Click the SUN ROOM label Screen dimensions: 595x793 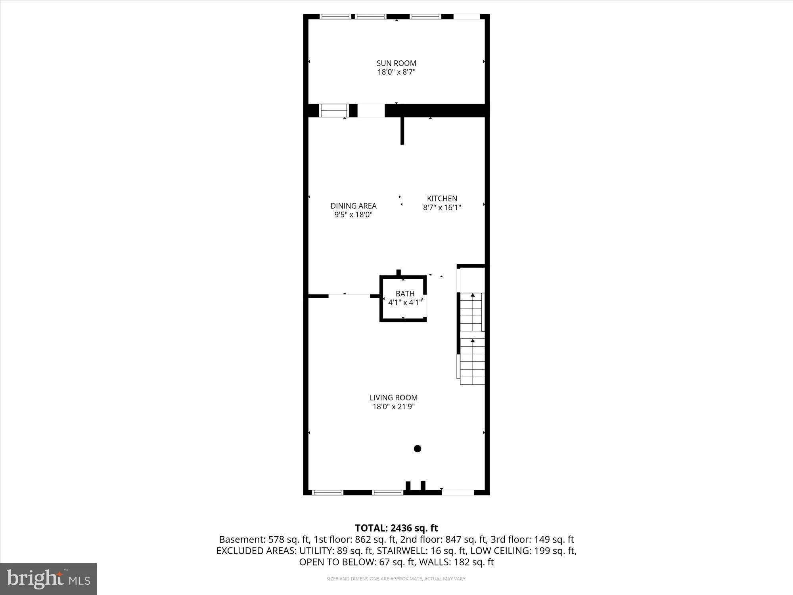tap(396, 63)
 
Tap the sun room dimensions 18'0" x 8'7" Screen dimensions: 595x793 tap(396, 72)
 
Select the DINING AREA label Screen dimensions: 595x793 tap(353, 206)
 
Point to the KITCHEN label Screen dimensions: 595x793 tap(442, 198)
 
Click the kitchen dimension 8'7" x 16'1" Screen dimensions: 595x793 tap(442, 207)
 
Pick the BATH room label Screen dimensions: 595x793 tap(405, 294)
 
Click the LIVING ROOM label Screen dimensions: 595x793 tap(393, 397)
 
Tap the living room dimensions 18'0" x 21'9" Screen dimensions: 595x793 tap(393, 406)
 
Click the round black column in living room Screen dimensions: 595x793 tap(417, 449)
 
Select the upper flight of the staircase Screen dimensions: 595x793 tap(472, 313)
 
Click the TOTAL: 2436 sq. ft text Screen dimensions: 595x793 tap(396, 528)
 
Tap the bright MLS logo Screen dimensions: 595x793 tap(48, 579)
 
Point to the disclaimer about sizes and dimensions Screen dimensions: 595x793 tap(396, 579)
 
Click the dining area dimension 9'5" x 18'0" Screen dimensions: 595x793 tap(353, 215)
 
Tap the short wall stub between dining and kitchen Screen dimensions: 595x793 tap(402, 131)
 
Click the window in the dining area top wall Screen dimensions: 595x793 tap(333, 110)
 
